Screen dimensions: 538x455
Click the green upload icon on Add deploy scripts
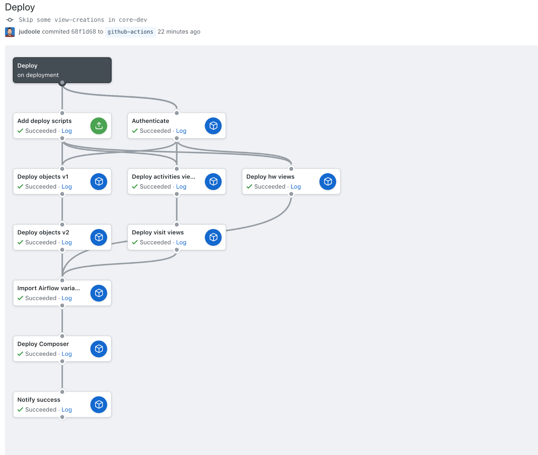point(99,126)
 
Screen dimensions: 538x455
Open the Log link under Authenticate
point(181,131)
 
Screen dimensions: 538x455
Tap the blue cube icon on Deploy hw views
point(328,182)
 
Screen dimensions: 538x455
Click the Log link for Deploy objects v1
point(67,187)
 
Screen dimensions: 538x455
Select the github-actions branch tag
point(130,32)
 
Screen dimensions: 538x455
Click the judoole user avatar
point(10,32)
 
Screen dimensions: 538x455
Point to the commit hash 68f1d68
point(84,32)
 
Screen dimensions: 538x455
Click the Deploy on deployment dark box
point(62,70)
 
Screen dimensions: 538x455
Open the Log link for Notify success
point(67,410)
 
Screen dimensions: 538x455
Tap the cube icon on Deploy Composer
point(99,349)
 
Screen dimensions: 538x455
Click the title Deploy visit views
point(158,232)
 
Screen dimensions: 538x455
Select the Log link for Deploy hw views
point(296,187)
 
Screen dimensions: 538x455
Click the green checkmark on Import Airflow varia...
point(20,298)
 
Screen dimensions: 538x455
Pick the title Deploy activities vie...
point(163,177)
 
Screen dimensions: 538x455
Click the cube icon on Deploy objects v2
point(99,237)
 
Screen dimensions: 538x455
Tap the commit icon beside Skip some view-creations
point(10,20)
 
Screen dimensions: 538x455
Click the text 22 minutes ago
point(179,32)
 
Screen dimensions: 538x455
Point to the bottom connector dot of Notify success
point(62,417)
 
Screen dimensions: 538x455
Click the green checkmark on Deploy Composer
point(20,354)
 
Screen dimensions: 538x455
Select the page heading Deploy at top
point(20,7)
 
